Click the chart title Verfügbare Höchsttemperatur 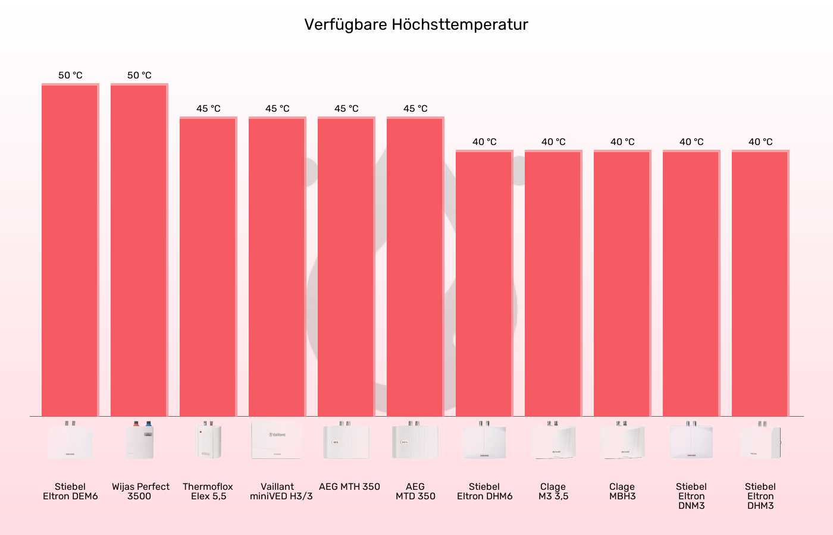(x=416, y=24)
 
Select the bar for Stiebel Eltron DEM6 (x=70, y=250)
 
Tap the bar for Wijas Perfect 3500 (x=139, y=250)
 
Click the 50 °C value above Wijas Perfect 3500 (x=139, y=75)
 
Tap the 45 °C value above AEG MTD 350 (x=415, y=109)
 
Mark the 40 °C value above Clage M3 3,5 (x=553, y=142)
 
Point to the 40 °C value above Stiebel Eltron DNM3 (x=691, y=142)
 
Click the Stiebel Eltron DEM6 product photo (x=70, y=440)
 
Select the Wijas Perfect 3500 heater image (x=139, y=440)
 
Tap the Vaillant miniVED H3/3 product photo (x=277, y=440)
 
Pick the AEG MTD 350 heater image (x=415, y=440)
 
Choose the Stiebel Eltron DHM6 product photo (x=484, y=440)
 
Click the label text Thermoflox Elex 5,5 (x=208, y=492)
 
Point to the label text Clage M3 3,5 (x=553, y=492)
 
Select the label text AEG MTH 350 (x=349, y=487)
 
